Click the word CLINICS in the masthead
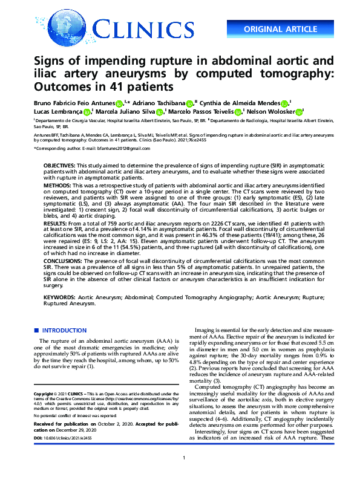pyautogui.click(x=143, y=28)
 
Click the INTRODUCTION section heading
pyautogui.click(x=64, y=331)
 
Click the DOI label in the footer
pyautogui.click(x=38, y=438)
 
